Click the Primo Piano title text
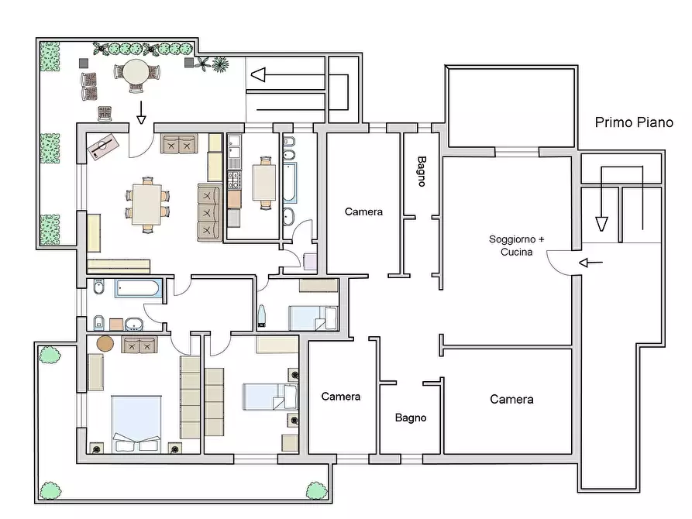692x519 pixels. (634, 122)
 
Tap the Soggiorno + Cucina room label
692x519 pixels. (516, 246)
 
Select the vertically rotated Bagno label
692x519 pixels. (422, 171)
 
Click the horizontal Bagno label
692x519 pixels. (411, 418)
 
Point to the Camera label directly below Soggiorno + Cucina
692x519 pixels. (511, 400)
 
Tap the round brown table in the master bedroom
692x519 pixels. (105, 343)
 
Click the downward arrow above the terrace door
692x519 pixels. (141, 112)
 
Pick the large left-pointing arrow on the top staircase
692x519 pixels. (288, 74)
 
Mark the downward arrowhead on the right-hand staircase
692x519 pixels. (601, 224)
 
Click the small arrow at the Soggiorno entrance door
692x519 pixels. (590, 263)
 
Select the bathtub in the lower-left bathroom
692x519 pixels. (138, 289)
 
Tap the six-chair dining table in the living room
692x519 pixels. (147, 205)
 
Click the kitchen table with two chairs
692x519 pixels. (264, 183)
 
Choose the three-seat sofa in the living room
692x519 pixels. (209, 213)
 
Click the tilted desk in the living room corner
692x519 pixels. (103, 146)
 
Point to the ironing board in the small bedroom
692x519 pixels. (262, 315)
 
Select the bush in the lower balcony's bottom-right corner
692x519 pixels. (316, 491)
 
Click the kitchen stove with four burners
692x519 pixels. (234, 180)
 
